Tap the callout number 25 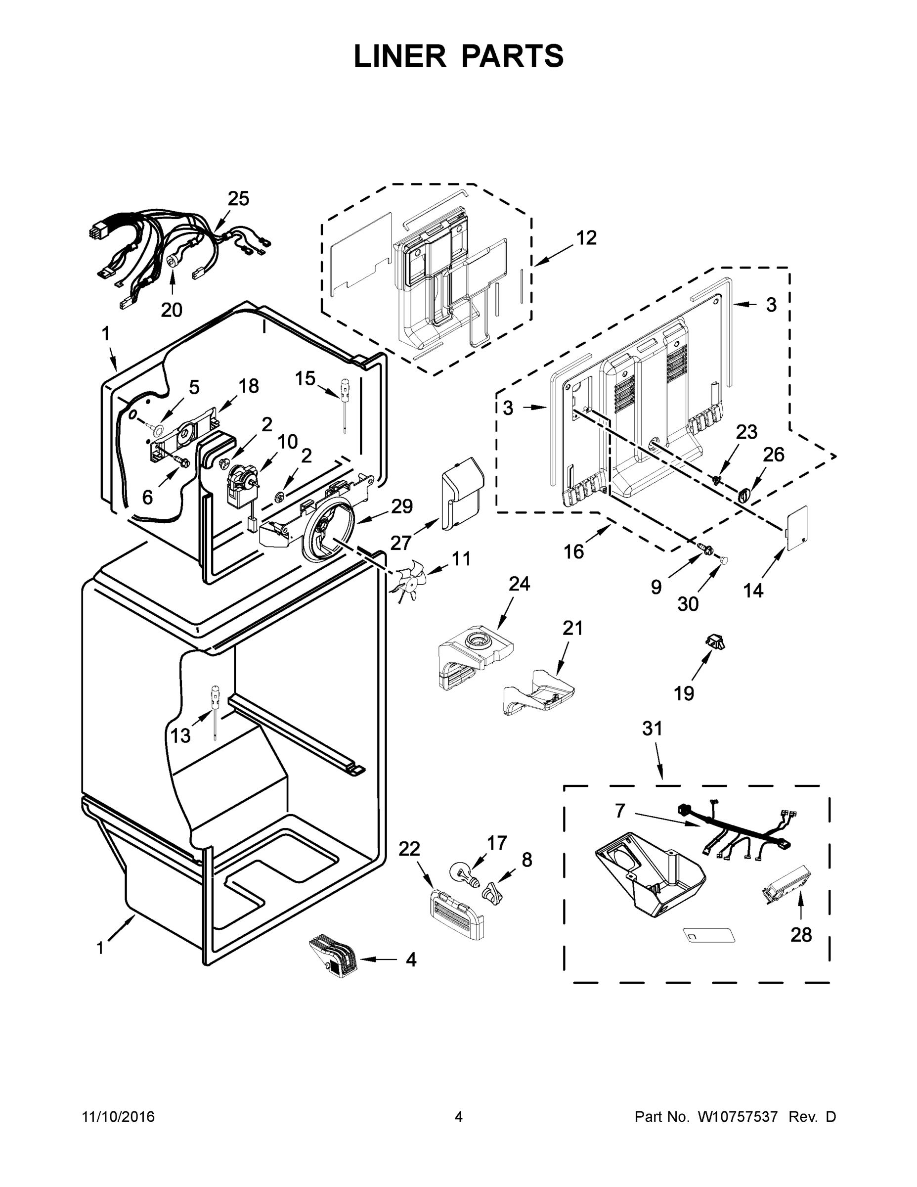tap(238, 199)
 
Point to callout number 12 tap(586, 237)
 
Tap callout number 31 tap(653, 729)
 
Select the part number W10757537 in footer tap(736, 1117)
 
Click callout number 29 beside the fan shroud tap(401, 506)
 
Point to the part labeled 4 tap(331, 958)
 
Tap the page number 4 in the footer tap(459, 1117)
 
